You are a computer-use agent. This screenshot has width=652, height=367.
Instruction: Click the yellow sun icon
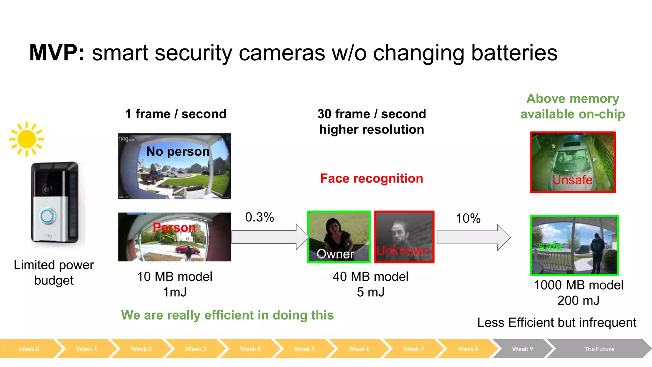coord(27,139)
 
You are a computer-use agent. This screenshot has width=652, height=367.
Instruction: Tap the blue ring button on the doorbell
coord(47,216)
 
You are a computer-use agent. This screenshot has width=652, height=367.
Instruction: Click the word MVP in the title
coord(57,53)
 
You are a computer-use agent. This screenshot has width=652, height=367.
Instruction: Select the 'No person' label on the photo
coord(178,151)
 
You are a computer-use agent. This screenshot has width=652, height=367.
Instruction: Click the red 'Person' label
coord(174,227)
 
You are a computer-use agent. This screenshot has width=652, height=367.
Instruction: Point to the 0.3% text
coord(259,217)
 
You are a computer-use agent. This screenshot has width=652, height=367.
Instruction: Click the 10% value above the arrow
coord(468,219)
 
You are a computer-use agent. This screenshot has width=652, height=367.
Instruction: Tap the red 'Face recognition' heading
coord(372,178)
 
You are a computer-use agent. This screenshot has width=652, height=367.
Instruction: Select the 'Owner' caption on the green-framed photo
coord(335,254)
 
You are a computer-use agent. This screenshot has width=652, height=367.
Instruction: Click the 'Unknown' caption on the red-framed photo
coord(403,250)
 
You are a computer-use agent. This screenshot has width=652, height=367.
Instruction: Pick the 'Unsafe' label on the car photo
coord(572,180)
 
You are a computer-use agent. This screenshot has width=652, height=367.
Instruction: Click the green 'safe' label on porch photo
coord(550,246)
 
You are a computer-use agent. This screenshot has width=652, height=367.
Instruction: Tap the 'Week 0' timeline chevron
coord(29,349)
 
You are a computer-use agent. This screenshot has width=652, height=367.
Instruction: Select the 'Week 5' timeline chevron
coord(304,349)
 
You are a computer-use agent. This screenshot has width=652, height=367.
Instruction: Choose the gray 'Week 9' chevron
coord(522,349)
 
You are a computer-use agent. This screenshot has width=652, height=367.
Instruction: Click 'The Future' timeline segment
coord(599,349)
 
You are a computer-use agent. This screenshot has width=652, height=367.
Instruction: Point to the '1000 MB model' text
coord(578,285)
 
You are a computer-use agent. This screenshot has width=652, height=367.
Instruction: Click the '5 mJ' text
coord(371,292)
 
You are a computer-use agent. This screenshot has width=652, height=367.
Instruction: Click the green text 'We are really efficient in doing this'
coord(227,315)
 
